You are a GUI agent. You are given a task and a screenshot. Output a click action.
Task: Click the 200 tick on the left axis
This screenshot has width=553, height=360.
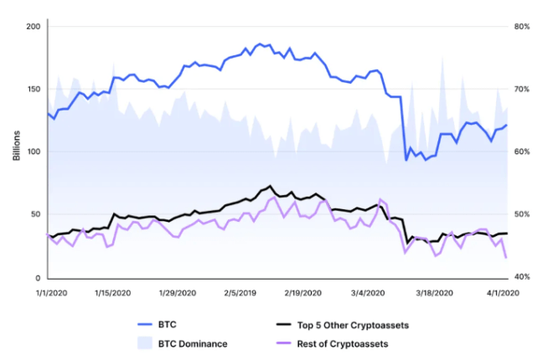(x=32, y=26)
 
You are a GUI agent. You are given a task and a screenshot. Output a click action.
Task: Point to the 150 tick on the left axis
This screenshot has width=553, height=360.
(x=32, y=89)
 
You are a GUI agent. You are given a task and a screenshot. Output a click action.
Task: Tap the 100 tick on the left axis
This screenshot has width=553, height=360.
(x=32, y=152)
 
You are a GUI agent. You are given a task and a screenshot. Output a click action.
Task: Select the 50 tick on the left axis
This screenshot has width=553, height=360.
(x=34, y=214)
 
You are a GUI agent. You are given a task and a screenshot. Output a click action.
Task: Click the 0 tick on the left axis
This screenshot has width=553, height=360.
(x=37, y=277)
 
